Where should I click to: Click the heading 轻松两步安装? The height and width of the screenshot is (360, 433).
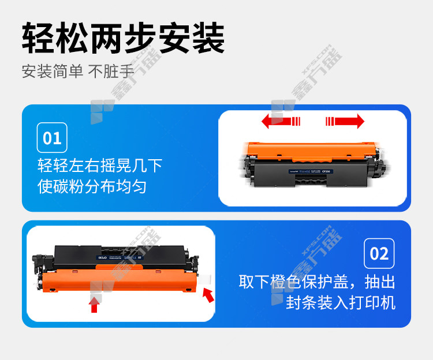(123, 39)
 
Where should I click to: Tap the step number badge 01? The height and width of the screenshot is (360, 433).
(52, 138)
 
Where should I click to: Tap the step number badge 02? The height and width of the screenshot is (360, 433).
(379, 253)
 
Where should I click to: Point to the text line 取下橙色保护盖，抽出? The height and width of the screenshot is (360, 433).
(317, 282)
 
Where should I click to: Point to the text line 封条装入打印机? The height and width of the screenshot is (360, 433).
(341, 302)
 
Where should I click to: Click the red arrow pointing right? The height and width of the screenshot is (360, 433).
(345, 121)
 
